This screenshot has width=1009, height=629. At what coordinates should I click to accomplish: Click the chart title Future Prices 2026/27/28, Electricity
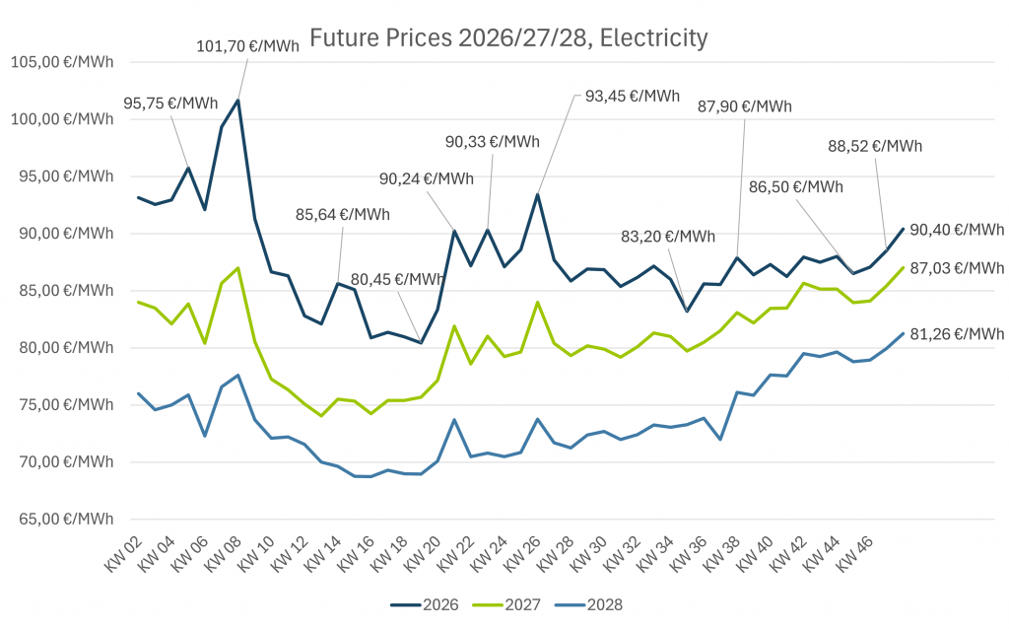[x=508, y=38]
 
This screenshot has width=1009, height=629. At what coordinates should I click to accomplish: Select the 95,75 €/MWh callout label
[x=170, y=103]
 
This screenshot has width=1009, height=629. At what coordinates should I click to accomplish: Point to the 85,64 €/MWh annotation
[x=342, y=214]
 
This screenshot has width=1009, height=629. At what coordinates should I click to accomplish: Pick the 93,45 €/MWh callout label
[x=632, y=96]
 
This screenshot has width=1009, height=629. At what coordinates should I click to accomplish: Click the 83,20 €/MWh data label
[x=668, y=237]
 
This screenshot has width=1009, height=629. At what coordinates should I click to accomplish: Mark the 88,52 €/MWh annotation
[x=874, y=146]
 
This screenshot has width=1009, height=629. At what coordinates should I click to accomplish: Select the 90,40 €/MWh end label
[x=956, y=230]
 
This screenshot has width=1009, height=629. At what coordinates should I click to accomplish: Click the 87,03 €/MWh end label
[x=956, y=267]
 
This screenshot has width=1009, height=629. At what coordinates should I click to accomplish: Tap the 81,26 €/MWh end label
[x=956, y=334]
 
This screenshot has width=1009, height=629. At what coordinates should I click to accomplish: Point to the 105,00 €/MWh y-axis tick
[x=61, y=62]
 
